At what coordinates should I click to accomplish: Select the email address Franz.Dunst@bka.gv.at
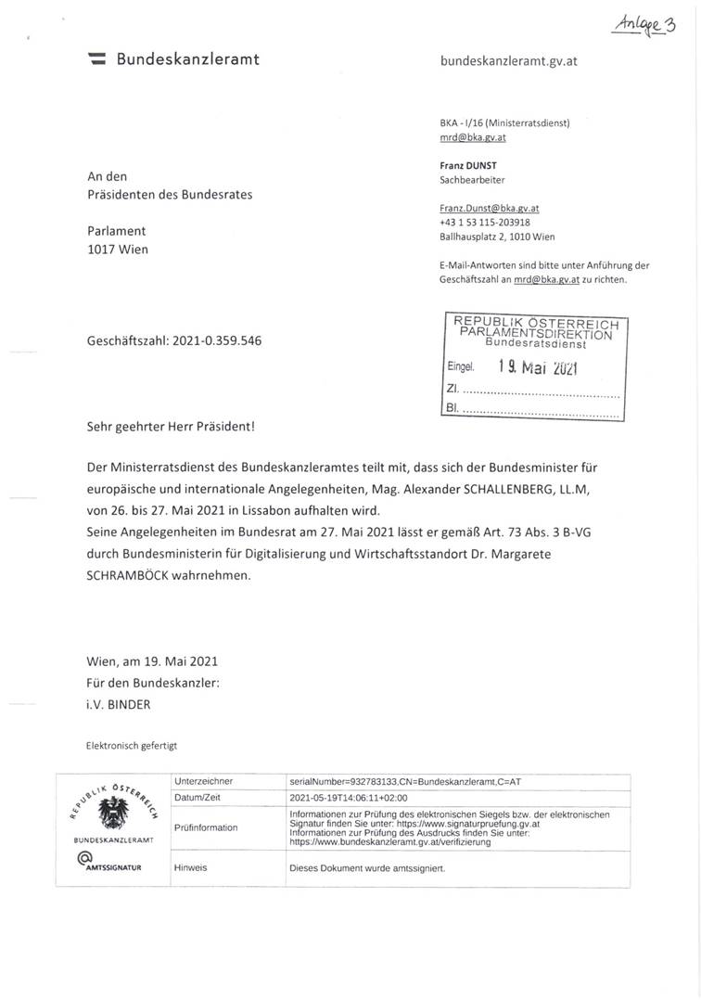tap(489, 210)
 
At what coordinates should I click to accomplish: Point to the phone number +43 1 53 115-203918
tap(485, 223)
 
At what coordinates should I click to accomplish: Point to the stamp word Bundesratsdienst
tap(531, 344)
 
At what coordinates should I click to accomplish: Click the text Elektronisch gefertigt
tap(131, 745)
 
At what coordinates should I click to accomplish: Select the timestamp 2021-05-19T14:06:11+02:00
tap(349, 797)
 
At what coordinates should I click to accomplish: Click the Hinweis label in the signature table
tap(191, 867)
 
